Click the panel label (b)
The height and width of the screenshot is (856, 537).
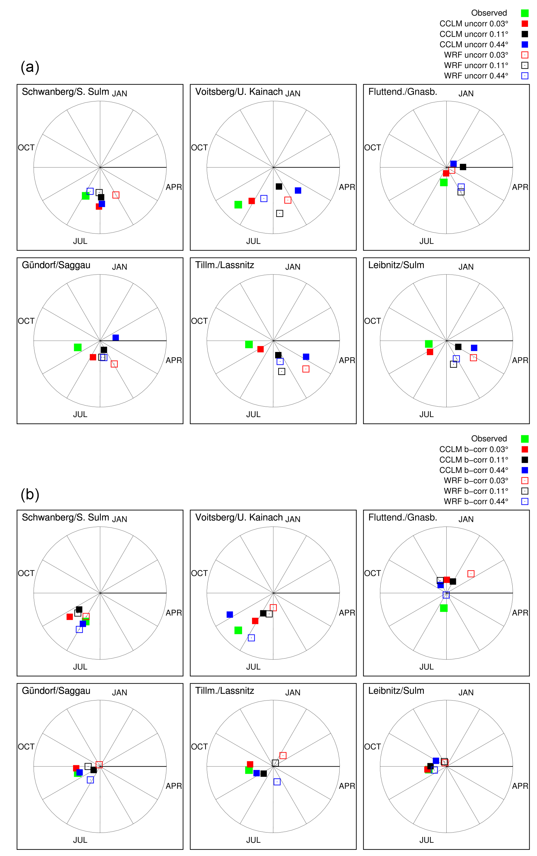coord(30,494)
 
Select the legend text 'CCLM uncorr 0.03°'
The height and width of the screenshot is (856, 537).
coord(473,24)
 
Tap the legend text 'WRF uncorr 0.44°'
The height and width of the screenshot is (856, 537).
coord(476,76)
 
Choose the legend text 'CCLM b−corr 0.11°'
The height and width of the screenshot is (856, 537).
coord(473,460)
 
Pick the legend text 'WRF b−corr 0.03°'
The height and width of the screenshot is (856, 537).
coord(476,481)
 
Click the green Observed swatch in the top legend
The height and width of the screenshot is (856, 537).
coord(525,13)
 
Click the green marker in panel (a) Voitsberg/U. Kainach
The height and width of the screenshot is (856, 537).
coord(238,205)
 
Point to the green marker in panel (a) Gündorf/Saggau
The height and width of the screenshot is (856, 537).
coord(78,347)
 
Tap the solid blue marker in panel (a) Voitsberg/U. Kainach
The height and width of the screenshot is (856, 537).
coord(298,190)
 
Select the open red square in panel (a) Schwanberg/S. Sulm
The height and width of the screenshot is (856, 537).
coord(116,195)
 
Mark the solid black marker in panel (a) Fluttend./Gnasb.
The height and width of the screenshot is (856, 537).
coord(463,167)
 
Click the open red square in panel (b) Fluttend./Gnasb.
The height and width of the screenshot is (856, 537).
coord(471,574)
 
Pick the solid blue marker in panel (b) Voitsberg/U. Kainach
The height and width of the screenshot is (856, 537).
coord(230,614)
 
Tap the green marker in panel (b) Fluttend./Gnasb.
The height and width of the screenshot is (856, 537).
coord(444,608)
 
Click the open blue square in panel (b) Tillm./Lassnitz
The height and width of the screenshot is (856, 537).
coord(277,782)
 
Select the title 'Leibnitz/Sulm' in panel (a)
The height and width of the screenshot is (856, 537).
coord(396,265)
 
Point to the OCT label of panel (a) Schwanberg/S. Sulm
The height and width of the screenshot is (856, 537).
coord(26,147)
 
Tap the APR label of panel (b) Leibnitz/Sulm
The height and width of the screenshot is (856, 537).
coord(520,786)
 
